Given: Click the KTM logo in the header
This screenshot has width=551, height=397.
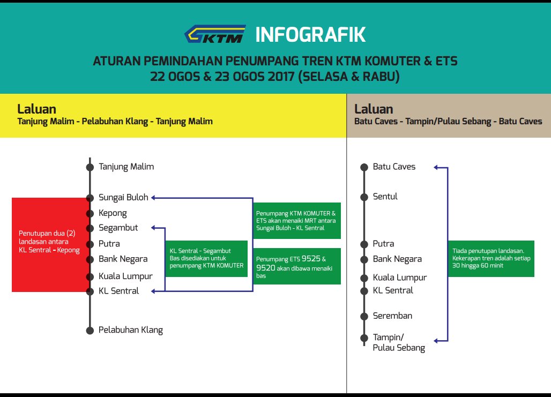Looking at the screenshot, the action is point(215,34).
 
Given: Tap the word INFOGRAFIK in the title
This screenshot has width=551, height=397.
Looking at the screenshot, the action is point(310,35).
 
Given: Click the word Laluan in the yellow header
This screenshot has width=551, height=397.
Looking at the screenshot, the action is point(36,109).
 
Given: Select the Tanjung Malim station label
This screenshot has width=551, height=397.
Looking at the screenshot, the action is point(126,167).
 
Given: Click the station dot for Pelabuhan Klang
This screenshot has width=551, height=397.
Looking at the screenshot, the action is point(90,331).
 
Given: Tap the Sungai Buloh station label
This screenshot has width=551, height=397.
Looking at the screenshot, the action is point(123,197).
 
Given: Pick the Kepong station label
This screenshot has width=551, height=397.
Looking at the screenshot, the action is point(113,213).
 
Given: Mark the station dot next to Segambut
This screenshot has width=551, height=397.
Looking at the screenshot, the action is point(90,228).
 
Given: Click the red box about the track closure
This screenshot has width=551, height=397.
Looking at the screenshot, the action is point(50,245).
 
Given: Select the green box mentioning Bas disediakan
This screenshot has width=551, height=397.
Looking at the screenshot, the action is point(206,258).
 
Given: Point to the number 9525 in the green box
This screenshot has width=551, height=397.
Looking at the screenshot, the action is point(310,258).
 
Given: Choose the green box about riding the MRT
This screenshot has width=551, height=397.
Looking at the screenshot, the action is point(297,221).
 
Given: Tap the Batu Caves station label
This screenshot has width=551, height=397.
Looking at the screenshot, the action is point(394,167).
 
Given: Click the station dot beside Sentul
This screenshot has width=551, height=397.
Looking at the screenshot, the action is point(364,197).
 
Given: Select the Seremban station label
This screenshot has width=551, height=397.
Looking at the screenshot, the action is point(392,316).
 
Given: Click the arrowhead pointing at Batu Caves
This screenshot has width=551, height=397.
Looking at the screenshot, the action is point(436,168).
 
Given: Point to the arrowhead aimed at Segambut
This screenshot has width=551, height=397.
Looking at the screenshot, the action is point(154,228).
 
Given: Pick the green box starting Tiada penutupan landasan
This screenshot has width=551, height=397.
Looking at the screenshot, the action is point(490,258).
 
